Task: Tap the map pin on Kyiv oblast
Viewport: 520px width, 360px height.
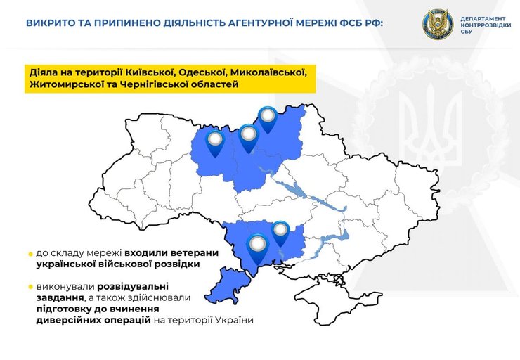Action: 248,136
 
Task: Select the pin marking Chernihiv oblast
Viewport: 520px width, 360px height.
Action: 268,117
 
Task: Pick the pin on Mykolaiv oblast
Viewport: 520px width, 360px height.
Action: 280,231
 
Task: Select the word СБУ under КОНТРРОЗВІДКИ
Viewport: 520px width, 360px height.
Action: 465,32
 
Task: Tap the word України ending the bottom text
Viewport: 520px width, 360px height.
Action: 233,320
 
